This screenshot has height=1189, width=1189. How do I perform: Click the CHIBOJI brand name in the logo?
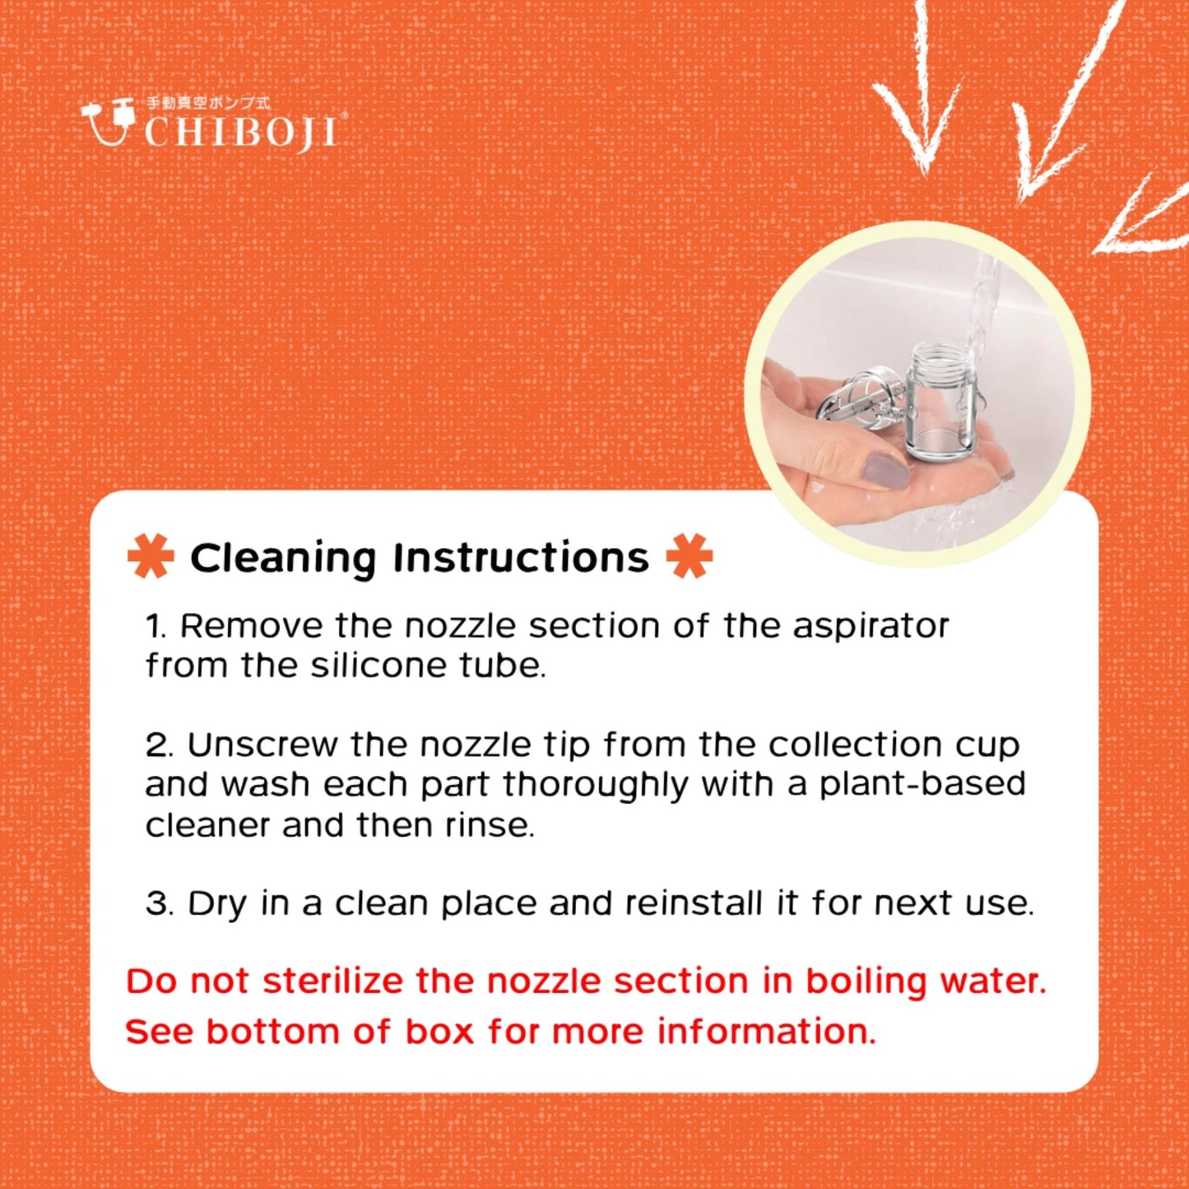(x=241, y=132)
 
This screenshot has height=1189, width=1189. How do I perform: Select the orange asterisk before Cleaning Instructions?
(x=151, y=556)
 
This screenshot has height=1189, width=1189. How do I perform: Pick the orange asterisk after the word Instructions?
(x=690, y=556)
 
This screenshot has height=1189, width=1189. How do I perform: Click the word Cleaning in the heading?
(x=282, y=559)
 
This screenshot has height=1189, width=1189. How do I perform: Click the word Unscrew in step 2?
(x=263, y=745)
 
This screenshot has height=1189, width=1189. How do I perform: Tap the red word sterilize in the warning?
(x=332, y=982)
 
